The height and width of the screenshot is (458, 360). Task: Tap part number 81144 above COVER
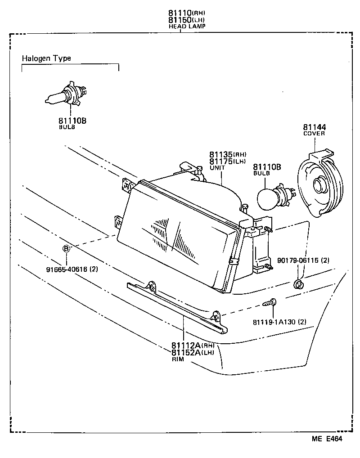314,127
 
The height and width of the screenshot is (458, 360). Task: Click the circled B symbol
66,248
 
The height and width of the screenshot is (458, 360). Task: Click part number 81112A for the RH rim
186,346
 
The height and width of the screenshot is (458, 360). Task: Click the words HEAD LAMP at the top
187,27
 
